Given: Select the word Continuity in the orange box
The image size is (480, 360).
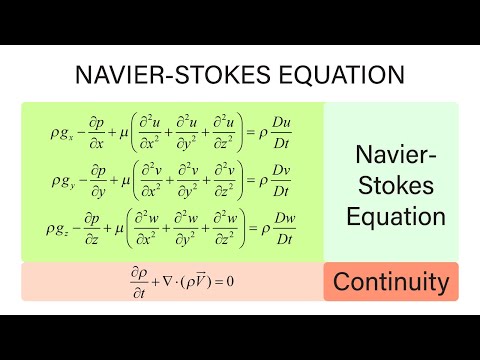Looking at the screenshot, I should (x=391, y=282).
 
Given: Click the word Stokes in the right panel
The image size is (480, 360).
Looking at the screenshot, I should (x=391, y=185).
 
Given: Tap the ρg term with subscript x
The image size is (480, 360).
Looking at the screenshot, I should (x=61, y=133).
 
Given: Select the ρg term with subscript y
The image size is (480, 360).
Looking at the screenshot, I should (x=61, y=181).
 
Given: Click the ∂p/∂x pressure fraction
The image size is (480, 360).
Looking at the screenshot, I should (x=98, y=132).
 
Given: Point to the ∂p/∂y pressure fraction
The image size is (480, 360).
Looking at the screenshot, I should (x=98, y=180).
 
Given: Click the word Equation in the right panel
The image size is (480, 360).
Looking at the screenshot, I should (x=391, y=216).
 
